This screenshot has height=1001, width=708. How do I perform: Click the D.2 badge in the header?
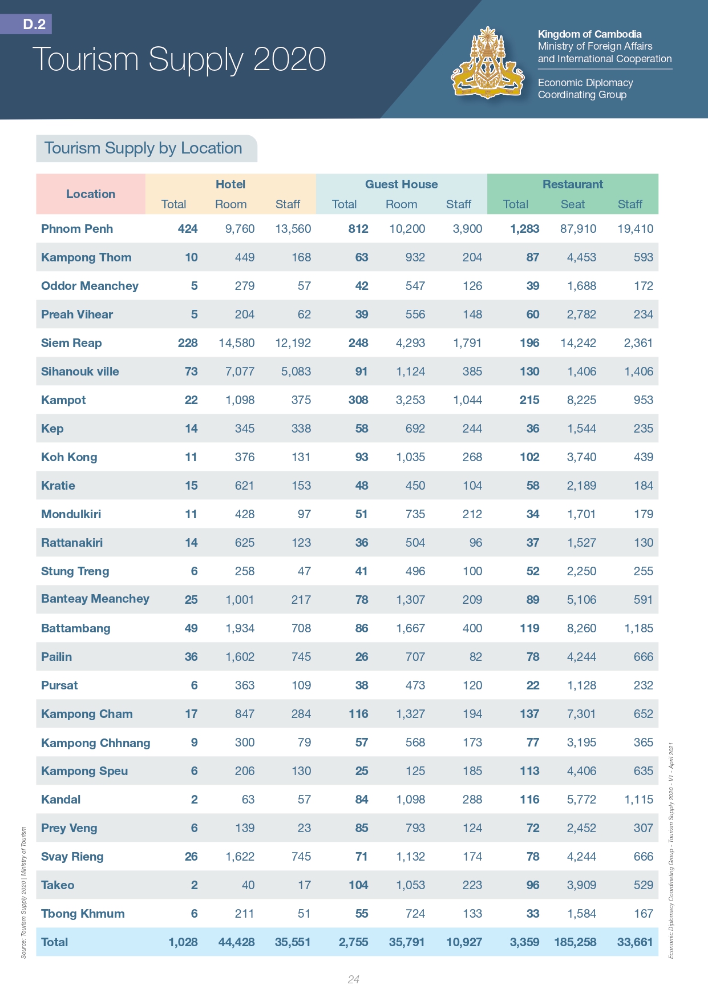(34, 24)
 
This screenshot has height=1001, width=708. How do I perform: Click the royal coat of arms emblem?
(488, 63)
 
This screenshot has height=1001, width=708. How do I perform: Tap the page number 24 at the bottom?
(353, 979)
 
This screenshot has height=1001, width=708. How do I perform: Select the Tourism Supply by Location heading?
(143, 148)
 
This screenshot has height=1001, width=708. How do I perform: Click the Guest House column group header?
(401, 184)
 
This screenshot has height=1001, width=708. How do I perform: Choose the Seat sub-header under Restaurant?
(572, 204)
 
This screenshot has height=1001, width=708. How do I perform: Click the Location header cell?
(91, 194)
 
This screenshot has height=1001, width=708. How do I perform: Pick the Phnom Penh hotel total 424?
(187, 229)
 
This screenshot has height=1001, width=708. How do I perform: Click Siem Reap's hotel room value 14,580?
(237, 343)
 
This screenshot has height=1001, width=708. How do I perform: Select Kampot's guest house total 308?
(358, 400)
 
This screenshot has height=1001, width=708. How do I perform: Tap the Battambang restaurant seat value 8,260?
(581, 628)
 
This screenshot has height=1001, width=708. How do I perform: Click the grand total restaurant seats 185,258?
(575, 942)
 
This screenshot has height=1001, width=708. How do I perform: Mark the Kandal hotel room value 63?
(248, 800)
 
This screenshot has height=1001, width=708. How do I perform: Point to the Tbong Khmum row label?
(83, 914)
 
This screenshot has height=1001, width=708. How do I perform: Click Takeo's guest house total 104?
(358, 885)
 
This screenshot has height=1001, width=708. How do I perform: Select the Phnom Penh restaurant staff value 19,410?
(635, 229)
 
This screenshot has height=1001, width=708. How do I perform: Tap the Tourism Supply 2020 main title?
(179, 59)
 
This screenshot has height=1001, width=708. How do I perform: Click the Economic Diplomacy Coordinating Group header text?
(585, 88)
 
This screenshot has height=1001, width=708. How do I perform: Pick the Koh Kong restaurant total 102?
(529, 457)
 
